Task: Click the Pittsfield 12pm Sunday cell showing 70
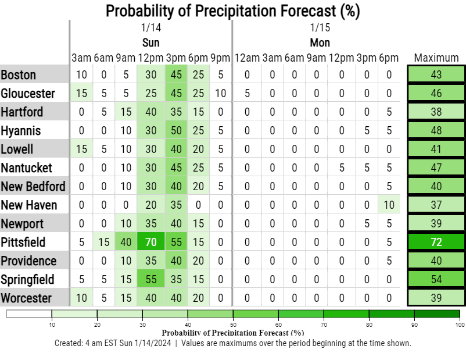coord(150,242)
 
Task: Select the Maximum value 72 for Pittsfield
coord(436,242)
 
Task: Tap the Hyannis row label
coord(21,130)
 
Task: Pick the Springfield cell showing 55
coord(150,279)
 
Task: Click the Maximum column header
coord(436,58)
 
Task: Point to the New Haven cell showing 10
coord(388,205)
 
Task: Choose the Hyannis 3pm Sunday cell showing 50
coord(175,130)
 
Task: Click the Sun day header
coord(150,42)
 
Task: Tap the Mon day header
coord(320,42)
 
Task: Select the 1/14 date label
coord(150,27)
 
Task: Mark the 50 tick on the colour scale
coord(233,325)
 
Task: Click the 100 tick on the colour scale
coord(460,325)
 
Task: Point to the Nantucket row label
coord(27,167)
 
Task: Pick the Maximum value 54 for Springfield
coord(436,279)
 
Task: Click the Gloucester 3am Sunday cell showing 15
coord(81,93)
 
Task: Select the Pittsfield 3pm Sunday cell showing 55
coord(175,242)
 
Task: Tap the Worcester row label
coord(27,298)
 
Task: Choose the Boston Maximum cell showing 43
coord(436,74)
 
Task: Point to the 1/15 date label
coord(320,27)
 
